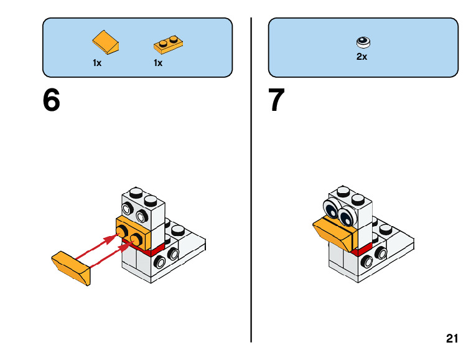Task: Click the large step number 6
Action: point(52,100)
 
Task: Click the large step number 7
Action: point(277,100)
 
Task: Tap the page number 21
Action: point(452,339)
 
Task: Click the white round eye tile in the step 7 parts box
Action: point(362,42)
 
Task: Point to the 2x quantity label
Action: point(362,57)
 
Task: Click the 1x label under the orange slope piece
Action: point(97,63)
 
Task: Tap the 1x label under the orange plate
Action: point(158,63)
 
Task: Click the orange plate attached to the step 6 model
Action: point(134,230)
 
